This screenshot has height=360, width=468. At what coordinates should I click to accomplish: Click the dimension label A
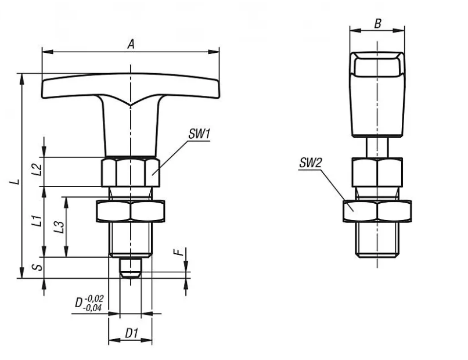click(x=131, y=45)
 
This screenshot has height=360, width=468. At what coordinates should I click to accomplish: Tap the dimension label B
click(x=378, y=23)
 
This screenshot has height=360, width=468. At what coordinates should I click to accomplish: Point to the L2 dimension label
click(x=37, y=169)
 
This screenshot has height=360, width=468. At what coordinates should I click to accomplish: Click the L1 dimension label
click(x=37, y=221)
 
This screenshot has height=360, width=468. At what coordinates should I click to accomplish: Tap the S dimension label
click(x=38, y=267)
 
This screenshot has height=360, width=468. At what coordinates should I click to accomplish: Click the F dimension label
click(x=178, y=252)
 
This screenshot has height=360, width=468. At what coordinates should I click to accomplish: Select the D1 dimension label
click(x=132, y=333)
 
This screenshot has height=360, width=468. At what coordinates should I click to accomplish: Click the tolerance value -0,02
click(x=94, y=298)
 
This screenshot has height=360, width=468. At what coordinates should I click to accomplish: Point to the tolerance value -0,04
click(x=92, y=308)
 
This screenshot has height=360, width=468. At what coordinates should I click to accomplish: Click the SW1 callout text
click(x=199, y=134)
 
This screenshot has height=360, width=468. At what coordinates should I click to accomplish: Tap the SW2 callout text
click(x=311, y=163)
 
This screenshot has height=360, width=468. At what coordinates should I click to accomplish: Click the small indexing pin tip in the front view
click(x=131, y=268)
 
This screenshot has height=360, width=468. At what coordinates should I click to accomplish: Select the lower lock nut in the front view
click(x=131, y=211)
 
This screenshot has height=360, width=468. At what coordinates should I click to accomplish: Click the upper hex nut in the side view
click(x=377, y=172)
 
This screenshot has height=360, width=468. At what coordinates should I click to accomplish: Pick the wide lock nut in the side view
click(x=377, y=211)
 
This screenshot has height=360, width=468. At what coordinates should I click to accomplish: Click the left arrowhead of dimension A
click(x=48, y=52)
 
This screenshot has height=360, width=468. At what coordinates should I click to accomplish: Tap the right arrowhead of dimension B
click(x=399, y=30)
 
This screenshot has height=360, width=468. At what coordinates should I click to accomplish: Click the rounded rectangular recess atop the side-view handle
click(x=377, y=66)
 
